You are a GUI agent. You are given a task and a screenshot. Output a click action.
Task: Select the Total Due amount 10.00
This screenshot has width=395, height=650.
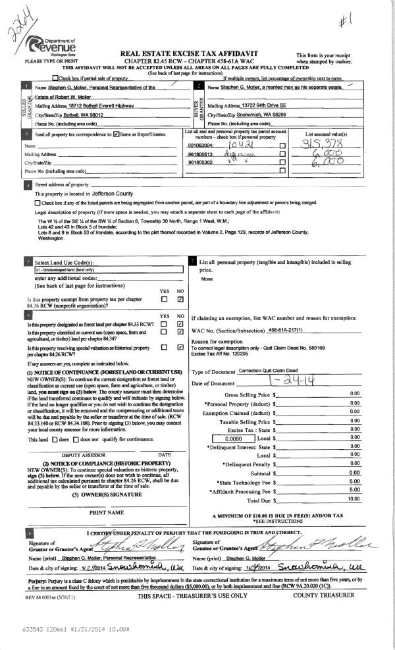[x=354, y=499]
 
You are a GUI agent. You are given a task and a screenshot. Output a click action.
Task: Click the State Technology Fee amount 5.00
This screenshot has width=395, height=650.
[x=354, y=481]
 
